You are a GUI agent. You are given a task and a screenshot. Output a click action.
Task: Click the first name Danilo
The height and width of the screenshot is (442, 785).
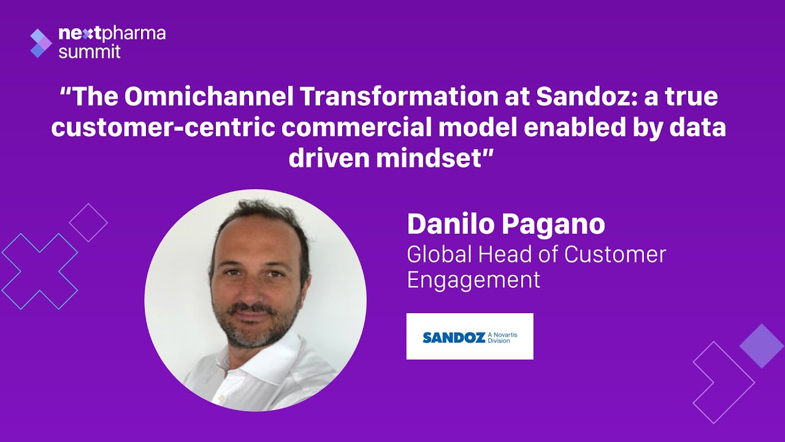tap(451, 224)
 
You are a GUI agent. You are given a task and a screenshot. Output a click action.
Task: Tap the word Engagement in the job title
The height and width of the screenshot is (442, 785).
tap(473, 279)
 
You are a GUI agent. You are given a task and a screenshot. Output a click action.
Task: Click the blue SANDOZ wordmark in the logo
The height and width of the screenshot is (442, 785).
tap(454, 337)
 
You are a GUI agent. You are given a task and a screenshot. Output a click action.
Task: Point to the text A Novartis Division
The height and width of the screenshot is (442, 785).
tap(503, 337)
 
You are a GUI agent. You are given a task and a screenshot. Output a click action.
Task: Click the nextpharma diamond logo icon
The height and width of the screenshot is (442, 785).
tap(41, 43)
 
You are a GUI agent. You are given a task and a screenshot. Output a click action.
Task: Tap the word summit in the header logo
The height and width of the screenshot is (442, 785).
tap(90, 52)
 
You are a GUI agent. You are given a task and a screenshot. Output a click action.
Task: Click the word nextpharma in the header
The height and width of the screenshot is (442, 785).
tap(112, 34)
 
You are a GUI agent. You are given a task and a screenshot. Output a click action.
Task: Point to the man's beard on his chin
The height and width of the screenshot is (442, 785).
tap(256, 335)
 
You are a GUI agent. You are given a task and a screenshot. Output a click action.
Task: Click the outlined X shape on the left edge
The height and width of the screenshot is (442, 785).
tap(40, 271)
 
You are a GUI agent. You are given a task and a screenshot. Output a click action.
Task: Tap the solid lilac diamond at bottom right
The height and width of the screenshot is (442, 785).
tap(762, 346)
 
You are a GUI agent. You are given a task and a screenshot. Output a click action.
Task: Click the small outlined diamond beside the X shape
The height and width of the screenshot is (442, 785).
tap(88, 222)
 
